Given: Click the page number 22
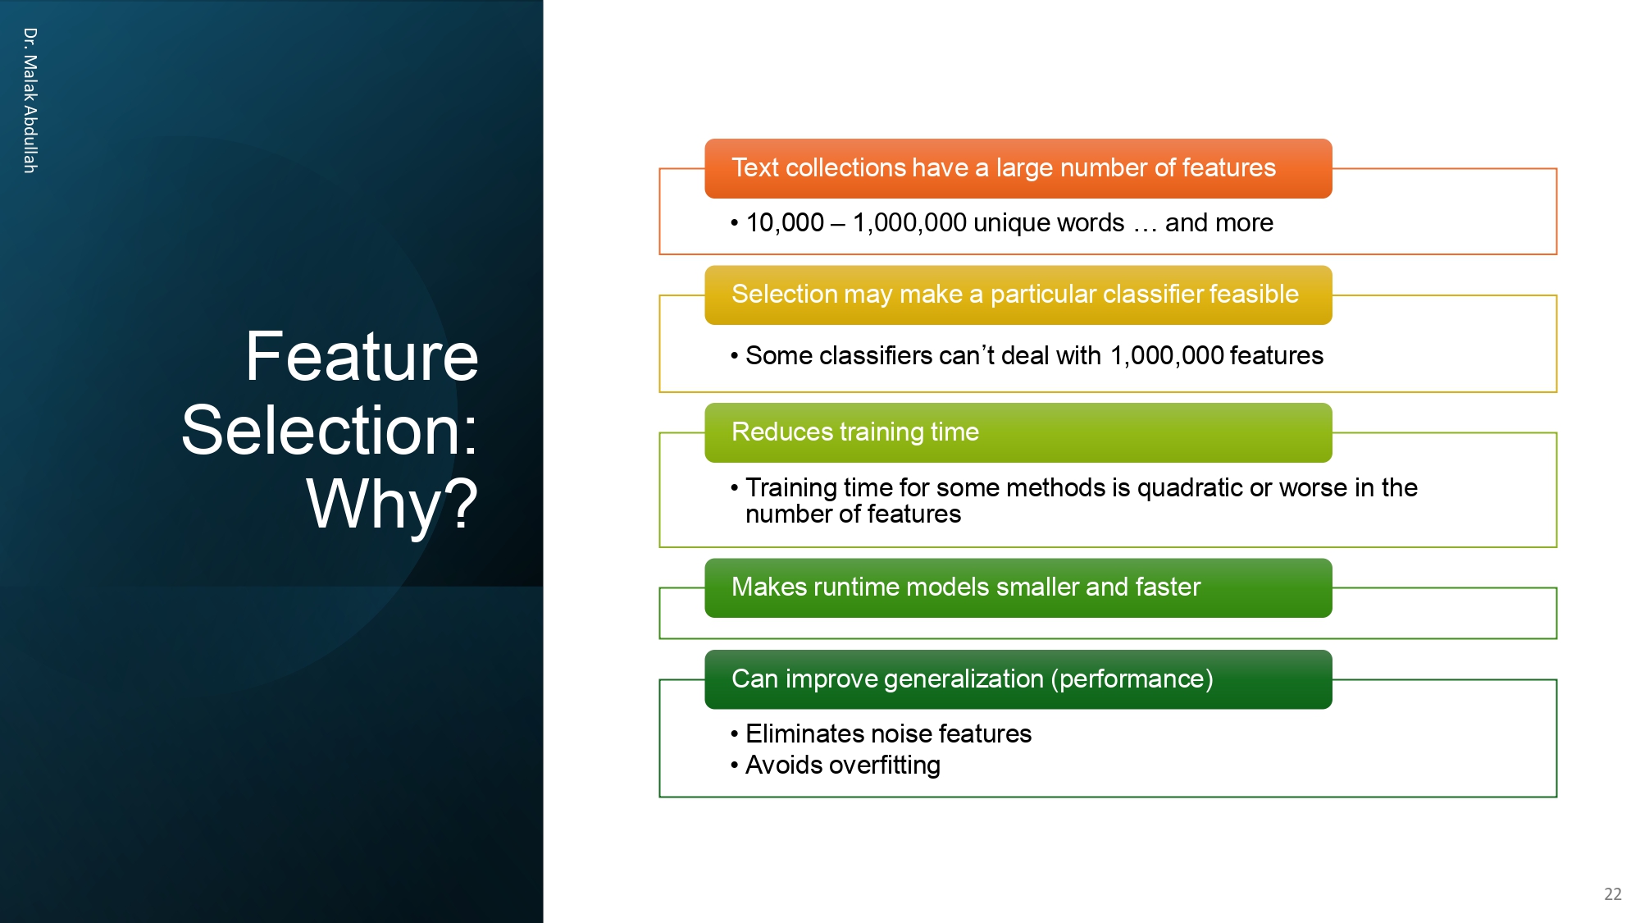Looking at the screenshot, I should click(x=1612, y=894).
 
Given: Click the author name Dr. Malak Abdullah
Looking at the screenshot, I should click(x=30, y=100).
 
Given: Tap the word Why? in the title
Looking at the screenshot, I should click(x=392, y=504).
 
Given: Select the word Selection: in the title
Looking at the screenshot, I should click(x=330, y=430).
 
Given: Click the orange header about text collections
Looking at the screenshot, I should click(x=1017, y=168).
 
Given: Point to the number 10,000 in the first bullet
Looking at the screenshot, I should click(x=785, y=222).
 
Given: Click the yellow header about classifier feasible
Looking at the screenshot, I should click(x=1017, y=295).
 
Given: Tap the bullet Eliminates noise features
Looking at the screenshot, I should click(x=888, y=733).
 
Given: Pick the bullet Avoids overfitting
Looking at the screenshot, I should click(x=842, y=765).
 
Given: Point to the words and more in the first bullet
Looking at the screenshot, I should click(x=1219, y=222).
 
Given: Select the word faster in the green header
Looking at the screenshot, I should click(x=1168, y=587).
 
